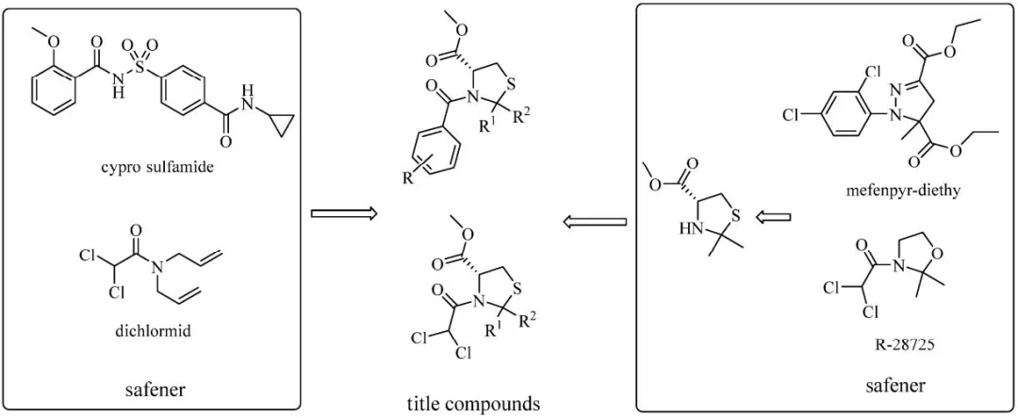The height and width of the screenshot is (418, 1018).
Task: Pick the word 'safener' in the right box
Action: click(896, 386)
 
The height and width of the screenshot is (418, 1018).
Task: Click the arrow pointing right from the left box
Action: click(344, 214)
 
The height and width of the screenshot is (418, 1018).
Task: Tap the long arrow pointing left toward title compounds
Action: click(594, 222)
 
